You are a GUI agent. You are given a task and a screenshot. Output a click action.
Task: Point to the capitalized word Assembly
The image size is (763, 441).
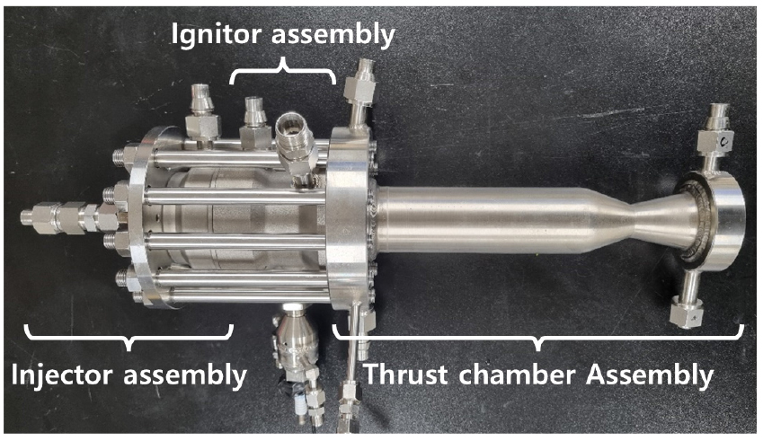[650, 375]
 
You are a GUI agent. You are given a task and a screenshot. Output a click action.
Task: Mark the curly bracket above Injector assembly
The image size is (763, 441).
[129, 337]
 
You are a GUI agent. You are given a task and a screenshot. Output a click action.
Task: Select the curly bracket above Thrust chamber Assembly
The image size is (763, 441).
[537, 337]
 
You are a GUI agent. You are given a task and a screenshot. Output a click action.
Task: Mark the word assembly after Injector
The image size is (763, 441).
[185, 375]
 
